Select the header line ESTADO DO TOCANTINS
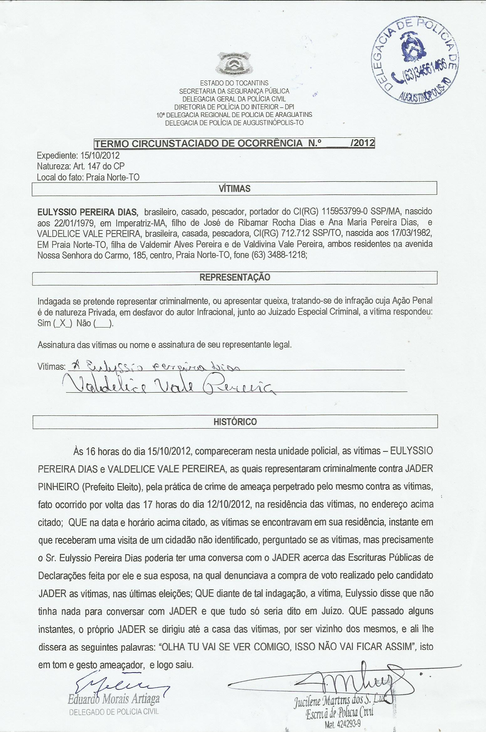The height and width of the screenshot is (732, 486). pyautogui.click(x=234, y=83)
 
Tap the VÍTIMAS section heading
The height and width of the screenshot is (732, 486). pyautogui.click(x=235, y=189)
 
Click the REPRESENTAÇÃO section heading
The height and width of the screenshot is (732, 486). pyautogui.click(x=235, y=277)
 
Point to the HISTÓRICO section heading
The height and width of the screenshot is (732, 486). pyautogui.click(x=235, y=422)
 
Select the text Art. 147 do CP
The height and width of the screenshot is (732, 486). pyautogui.click(x=99, y=166)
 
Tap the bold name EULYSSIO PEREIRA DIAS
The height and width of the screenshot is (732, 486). pyautogui.click(x=87, y=212)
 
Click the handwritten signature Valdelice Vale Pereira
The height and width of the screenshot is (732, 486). pyautogui.click(x=169, y=386)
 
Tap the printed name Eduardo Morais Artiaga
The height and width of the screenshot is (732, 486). pyautogui.click(x=114, y=699)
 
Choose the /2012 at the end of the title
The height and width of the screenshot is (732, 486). pyautogui.click(x=363, y=143)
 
